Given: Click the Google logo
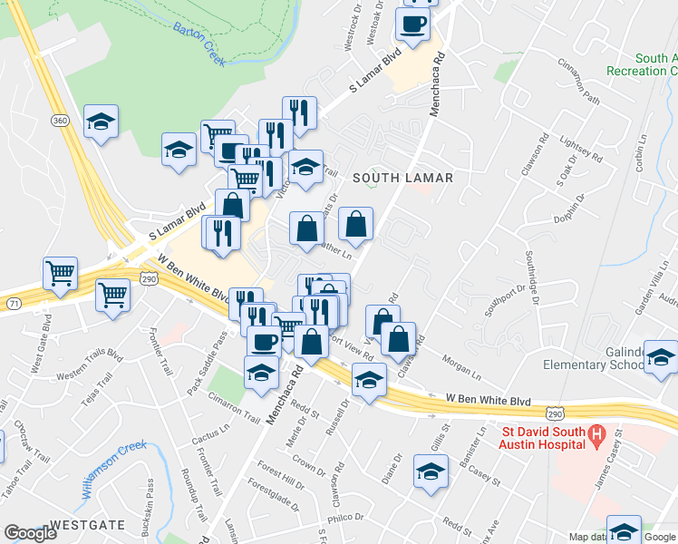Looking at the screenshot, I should (31, 534).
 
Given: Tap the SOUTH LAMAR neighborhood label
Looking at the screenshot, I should (402, 178).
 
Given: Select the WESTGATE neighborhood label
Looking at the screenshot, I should (87, 525).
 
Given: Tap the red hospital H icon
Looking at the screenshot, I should (596, 435).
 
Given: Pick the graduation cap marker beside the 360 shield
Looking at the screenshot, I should (101, 121).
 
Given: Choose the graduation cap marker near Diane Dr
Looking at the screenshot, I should (431, 471).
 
